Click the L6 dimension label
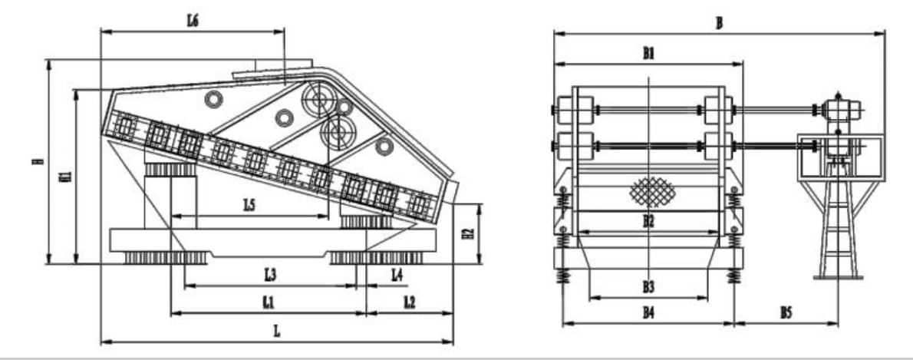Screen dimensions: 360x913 click(193, 21)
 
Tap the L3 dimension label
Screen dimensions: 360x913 click(269, 273)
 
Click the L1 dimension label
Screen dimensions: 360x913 click(268, 302)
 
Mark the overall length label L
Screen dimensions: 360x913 click(277, 331)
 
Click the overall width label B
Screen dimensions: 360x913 click(718, 23)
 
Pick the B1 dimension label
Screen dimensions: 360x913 click(648, 53)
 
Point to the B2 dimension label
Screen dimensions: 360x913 click(648, 221)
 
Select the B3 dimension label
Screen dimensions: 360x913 click(648, 286)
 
